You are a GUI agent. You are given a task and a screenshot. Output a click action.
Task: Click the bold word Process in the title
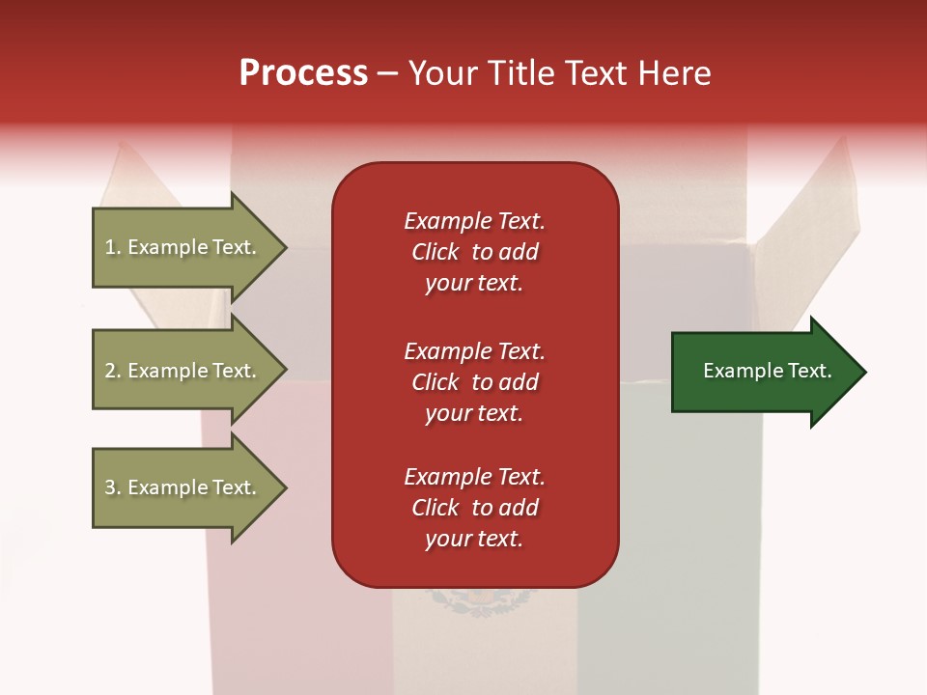click(x=303, y=73)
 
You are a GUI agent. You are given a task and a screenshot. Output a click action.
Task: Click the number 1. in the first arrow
click(x=113, y=247)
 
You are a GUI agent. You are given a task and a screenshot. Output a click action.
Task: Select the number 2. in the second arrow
click(x=113, y=371)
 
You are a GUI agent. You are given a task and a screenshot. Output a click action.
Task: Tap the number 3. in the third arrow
click(x=113, y=487)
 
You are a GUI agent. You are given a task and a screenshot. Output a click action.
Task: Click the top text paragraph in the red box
click(x=474, y=252)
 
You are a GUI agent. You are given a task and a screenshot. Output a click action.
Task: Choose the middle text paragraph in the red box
click(x=474, y=382)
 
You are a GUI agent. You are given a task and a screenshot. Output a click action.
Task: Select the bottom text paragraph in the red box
click(x=474, y=508)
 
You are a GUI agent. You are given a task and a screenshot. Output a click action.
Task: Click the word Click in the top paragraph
click(x=435, y=252)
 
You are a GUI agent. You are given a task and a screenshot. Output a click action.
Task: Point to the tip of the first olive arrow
click(x=285, y=247)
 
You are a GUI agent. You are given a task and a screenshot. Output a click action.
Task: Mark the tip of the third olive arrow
click(x=285, y=487)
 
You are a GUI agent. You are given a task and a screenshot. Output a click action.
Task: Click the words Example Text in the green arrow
click(x=768, y=371)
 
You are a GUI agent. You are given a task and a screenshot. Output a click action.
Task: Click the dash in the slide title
click(x=388, y=74)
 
